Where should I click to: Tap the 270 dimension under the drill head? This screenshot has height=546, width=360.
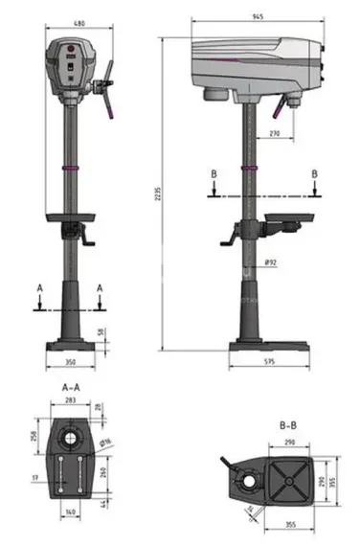click(x=274, y=135)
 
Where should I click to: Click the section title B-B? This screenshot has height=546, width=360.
click(x=291, y=424)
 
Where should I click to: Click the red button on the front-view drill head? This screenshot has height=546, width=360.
click(x=68, y=47)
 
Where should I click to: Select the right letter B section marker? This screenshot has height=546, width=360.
click(x=314, y=174)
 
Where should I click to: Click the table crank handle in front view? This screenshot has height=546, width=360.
click(x=92, y=239)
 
